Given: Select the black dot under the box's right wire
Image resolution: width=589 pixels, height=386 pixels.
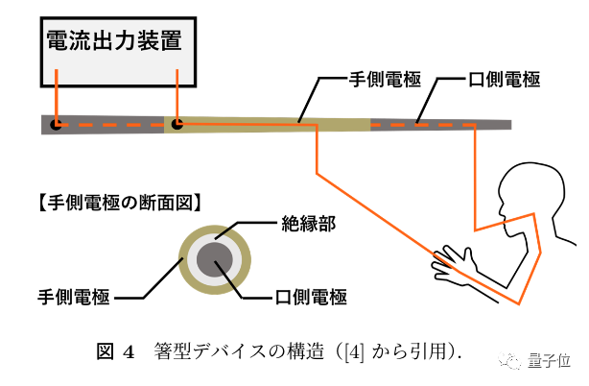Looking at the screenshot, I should pos(177,124).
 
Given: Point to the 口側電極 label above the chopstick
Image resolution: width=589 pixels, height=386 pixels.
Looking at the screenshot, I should pos(503,83).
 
